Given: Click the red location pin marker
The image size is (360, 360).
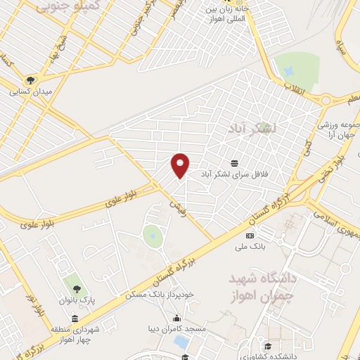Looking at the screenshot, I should pos(180,165).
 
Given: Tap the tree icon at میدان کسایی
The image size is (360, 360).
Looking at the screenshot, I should pos(30,80).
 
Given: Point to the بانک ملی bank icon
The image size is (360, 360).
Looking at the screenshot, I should pos(249,236).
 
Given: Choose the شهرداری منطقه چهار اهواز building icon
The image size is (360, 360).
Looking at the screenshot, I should pos(75,318).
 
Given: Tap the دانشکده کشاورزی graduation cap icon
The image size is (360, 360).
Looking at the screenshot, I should pos(268,345).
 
